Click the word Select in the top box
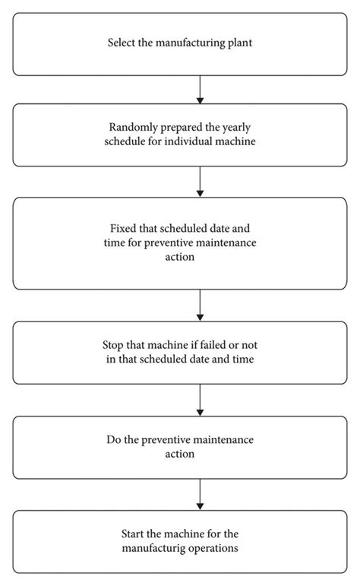[x=123, y=43]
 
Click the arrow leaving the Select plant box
[x=200, y=89]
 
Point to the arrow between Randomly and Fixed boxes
[x=200, y=182]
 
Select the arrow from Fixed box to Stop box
[x=200, y=305]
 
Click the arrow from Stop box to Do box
[x=200, y=399]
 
